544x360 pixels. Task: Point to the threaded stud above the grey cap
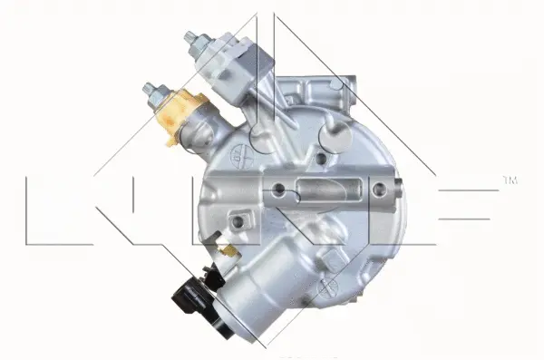(x=193, y=40)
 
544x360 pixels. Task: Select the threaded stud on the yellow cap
(x=151, y=91)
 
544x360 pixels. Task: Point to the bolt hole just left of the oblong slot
(x=280, y=190)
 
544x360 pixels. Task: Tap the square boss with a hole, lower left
(x=239, y=220)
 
